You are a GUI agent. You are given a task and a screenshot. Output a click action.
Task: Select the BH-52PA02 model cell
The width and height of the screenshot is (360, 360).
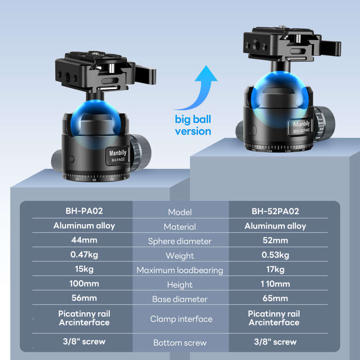pos(275,211)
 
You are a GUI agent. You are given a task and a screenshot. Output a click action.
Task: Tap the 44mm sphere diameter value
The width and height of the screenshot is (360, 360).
pos(84,240)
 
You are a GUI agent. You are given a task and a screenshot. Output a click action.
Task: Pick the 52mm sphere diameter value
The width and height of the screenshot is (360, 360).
pos(275,240)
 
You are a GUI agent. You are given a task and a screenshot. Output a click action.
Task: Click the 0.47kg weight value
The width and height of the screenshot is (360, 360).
pos(84,255)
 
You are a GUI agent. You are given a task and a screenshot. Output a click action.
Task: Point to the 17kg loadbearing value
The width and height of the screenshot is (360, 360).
pos(275,270)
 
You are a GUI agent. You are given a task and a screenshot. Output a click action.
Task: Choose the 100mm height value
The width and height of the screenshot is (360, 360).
pos(84,283)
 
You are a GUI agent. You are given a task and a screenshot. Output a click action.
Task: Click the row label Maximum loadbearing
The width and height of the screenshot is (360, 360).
pos(180,270)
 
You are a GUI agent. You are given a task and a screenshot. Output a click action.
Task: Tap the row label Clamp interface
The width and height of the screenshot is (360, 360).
pos(181,319)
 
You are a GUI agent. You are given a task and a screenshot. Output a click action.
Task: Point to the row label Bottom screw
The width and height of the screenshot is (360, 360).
pos(180,343)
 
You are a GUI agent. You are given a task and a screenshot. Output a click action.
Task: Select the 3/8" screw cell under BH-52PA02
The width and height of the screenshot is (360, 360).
pos(275,342)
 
